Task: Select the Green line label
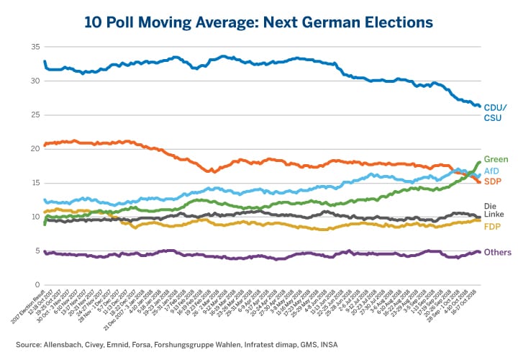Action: (x=496, y=159)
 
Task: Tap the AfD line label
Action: (x=492, y=171)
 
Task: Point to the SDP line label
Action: (x=493, y=181)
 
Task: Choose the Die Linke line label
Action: (x=494, y=210)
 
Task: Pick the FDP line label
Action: (x=493, y=227)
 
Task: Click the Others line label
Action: (x=498, y=252)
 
